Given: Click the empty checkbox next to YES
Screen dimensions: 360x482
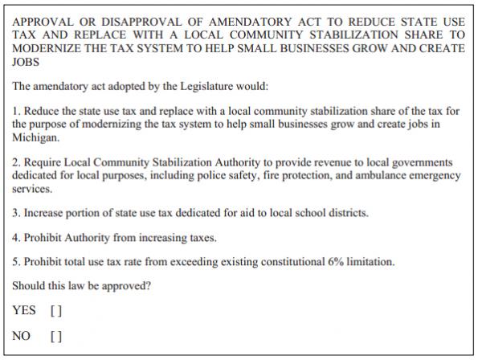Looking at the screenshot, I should (55, 309).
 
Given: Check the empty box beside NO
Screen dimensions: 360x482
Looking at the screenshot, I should (55, 336).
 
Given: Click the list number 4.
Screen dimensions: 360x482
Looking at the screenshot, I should (16, 238).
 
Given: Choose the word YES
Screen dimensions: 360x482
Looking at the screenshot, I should (24, 309).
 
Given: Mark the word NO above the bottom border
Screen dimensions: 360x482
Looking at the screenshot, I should (22, 336).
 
